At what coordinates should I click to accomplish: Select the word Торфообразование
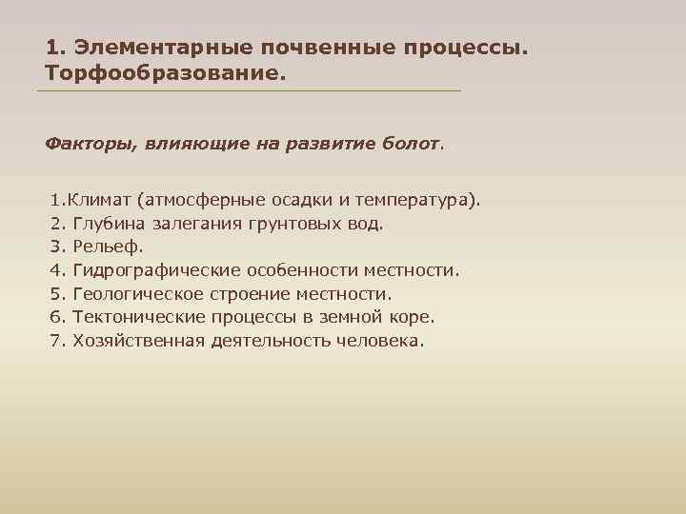tap(164, 72)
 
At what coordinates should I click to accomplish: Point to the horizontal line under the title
tap(248, 91)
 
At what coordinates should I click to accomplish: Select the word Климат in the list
tap(99, 202)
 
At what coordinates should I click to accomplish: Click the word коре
tap(412, 317)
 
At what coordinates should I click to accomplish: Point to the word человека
tap(378, 341)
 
